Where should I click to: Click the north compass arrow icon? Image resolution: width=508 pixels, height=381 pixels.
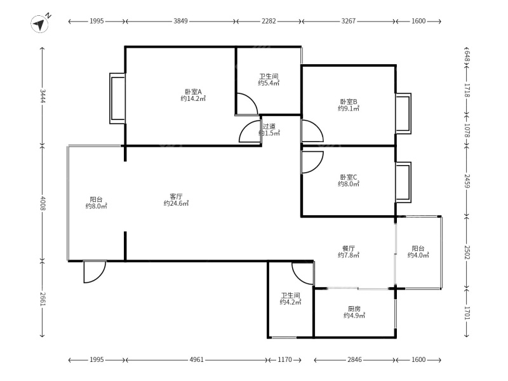point(40,24)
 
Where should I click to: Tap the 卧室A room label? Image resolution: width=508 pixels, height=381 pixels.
point(194,92)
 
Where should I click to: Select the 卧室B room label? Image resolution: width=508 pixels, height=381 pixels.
point(349,102)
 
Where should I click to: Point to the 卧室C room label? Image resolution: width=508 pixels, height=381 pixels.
point(349,177)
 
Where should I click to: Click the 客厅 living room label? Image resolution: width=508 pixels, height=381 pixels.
point(177,196)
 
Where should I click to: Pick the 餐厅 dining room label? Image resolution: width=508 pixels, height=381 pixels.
point(349,248)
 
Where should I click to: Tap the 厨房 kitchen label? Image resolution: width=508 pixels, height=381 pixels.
point(354,309)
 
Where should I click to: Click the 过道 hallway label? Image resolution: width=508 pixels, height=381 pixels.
point(269,126)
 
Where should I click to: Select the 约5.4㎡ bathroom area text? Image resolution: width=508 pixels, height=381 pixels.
point(269,83)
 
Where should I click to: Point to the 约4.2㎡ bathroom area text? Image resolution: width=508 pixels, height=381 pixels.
point(291,302)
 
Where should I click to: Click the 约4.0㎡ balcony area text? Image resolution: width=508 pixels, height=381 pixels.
point(418,255)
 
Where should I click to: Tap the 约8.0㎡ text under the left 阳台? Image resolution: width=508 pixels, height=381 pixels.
point(97,206)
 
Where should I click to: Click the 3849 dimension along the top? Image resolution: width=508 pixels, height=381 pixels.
point(180,21)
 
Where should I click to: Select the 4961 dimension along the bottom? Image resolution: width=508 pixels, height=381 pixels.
point(196,359)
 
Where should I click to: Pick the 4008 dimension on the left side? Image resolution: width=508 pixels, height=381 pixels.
point(43,203)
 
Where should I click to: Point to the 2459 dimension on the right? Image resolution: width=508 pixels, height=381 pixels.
point(467,181)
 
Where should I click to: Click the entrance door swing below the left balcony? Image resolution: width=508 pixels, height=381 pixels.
point(94,272)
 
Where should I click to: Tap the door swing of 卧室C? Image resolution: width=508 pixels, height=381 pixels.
point(312,163)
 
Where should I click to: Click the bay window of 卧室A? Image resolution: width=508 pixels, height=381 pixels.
point(117,98)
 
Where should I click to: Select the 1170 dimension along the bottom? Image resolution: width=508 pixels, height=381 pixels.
point(284,359)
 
